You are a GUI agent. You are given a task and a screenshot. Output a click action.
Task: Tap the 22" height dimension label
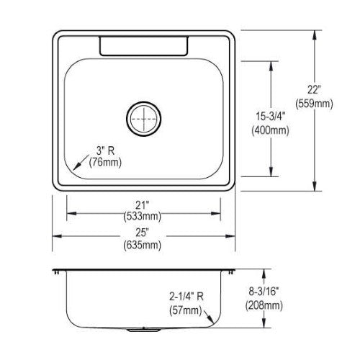314,90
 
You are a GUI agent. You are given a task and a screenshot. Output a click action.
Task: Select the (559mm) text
314,104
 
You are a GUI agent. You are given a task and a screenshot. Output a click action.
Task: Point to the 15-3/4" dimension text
270,117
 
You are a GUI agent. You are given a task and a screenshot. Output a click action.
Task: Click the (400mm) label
270,130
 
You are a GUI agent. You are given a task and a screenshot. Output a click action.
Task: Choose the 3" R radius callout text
105,151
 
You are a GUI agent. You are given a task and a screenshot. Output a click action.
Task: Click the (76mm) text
105,163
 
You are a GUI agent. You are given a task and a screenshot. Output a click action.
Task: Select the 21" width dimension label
143,205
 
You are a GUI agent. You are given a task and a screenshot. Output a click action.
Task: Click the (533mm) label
143,217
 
